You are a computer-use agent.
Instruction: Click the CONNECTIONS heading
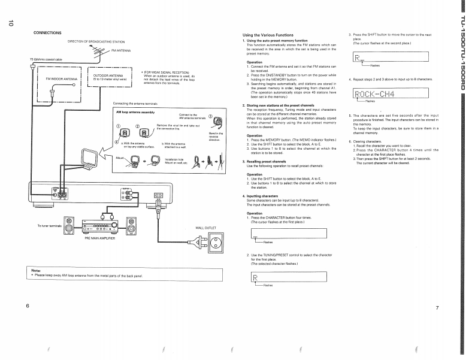(x=47, y=32)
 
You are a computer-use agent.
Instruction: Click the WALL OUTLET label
(x=205, y=228)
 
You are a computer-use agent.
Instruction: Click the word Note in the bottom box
(x=36, y=270)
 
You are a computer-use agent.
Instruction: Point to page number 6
(x=28, y=306)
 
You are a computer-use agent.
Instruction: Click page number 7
(x=437, y=308)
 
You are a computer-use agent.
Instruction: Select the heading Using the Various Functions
(x=268, y=35)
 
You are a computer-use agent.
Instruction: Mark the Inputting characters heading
(x=264, y=196)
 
